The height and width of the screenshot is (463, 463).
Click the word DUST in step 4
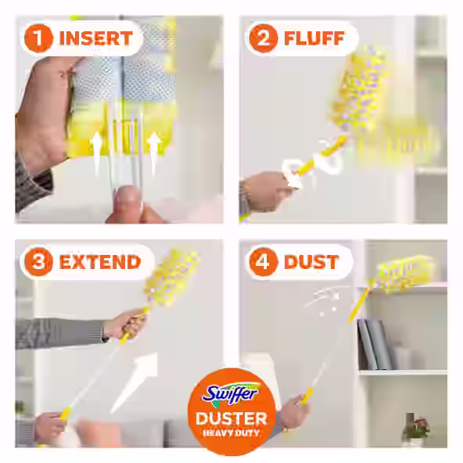pyautogui.click(x=310, y=260)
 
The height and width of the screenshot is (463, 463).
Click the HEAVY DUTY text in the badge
pyautogui.click(x=231, y=434)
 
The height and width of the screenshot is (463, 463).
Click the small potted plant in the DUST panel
pyautogui.click(x=415, y=429)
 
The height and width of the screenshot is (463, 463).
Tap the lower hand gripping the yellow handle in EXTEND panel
pyautogui.click(x=52, y=426)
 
